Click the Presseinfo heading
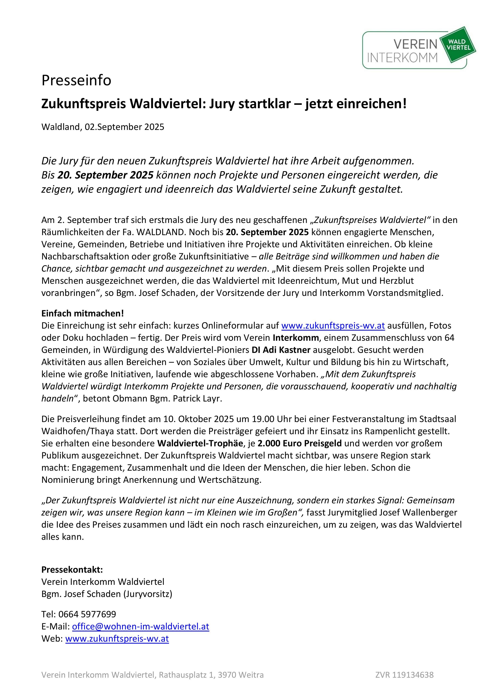pyautogui.click(x=76, y=80)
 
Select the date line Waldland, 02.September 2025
pyautogui.click(x=103, y=127)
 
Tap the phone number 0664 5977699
pyautogui.click(x=87, y=614)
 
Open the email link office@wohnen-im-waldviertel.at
pyautogui.click(x=140, y=626)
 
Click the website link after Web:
pyautogui.click(x=117, y=639)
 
